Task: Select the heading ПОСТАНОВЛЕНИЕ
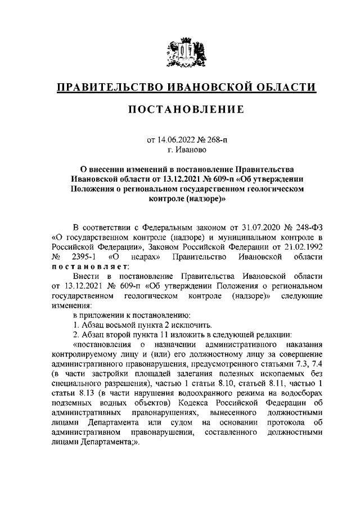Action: [180, 110]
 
